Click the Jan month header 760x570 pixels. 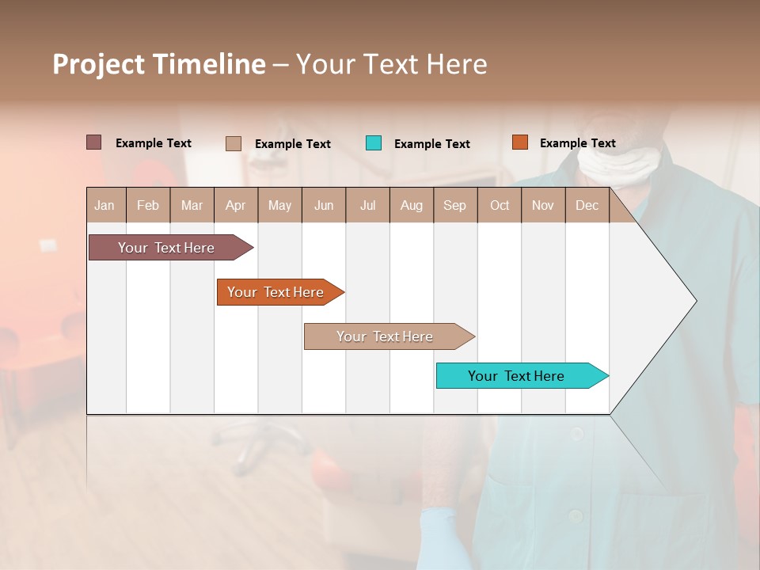click(104, 206)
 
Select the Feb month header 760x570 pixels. click(148, 206)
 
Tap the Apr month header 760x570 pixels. click(235, 206)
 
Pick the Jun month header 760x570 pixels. click(324, 206)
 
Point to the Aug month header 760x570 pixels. click(411, 206)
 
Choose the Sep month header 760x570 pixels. click(454, 206)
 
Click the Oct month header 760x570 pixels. click(500, 206)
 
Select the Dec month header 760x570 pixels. click(587, 206)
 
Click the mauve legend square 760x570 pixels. click(93, 142)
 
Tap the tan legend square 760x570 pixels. click(233, 143)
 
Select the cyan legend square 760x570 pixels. click(374, 143)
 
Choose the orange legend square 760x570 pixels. click(519, 142)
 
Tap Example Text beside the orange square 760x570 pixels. click(577, 143)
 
